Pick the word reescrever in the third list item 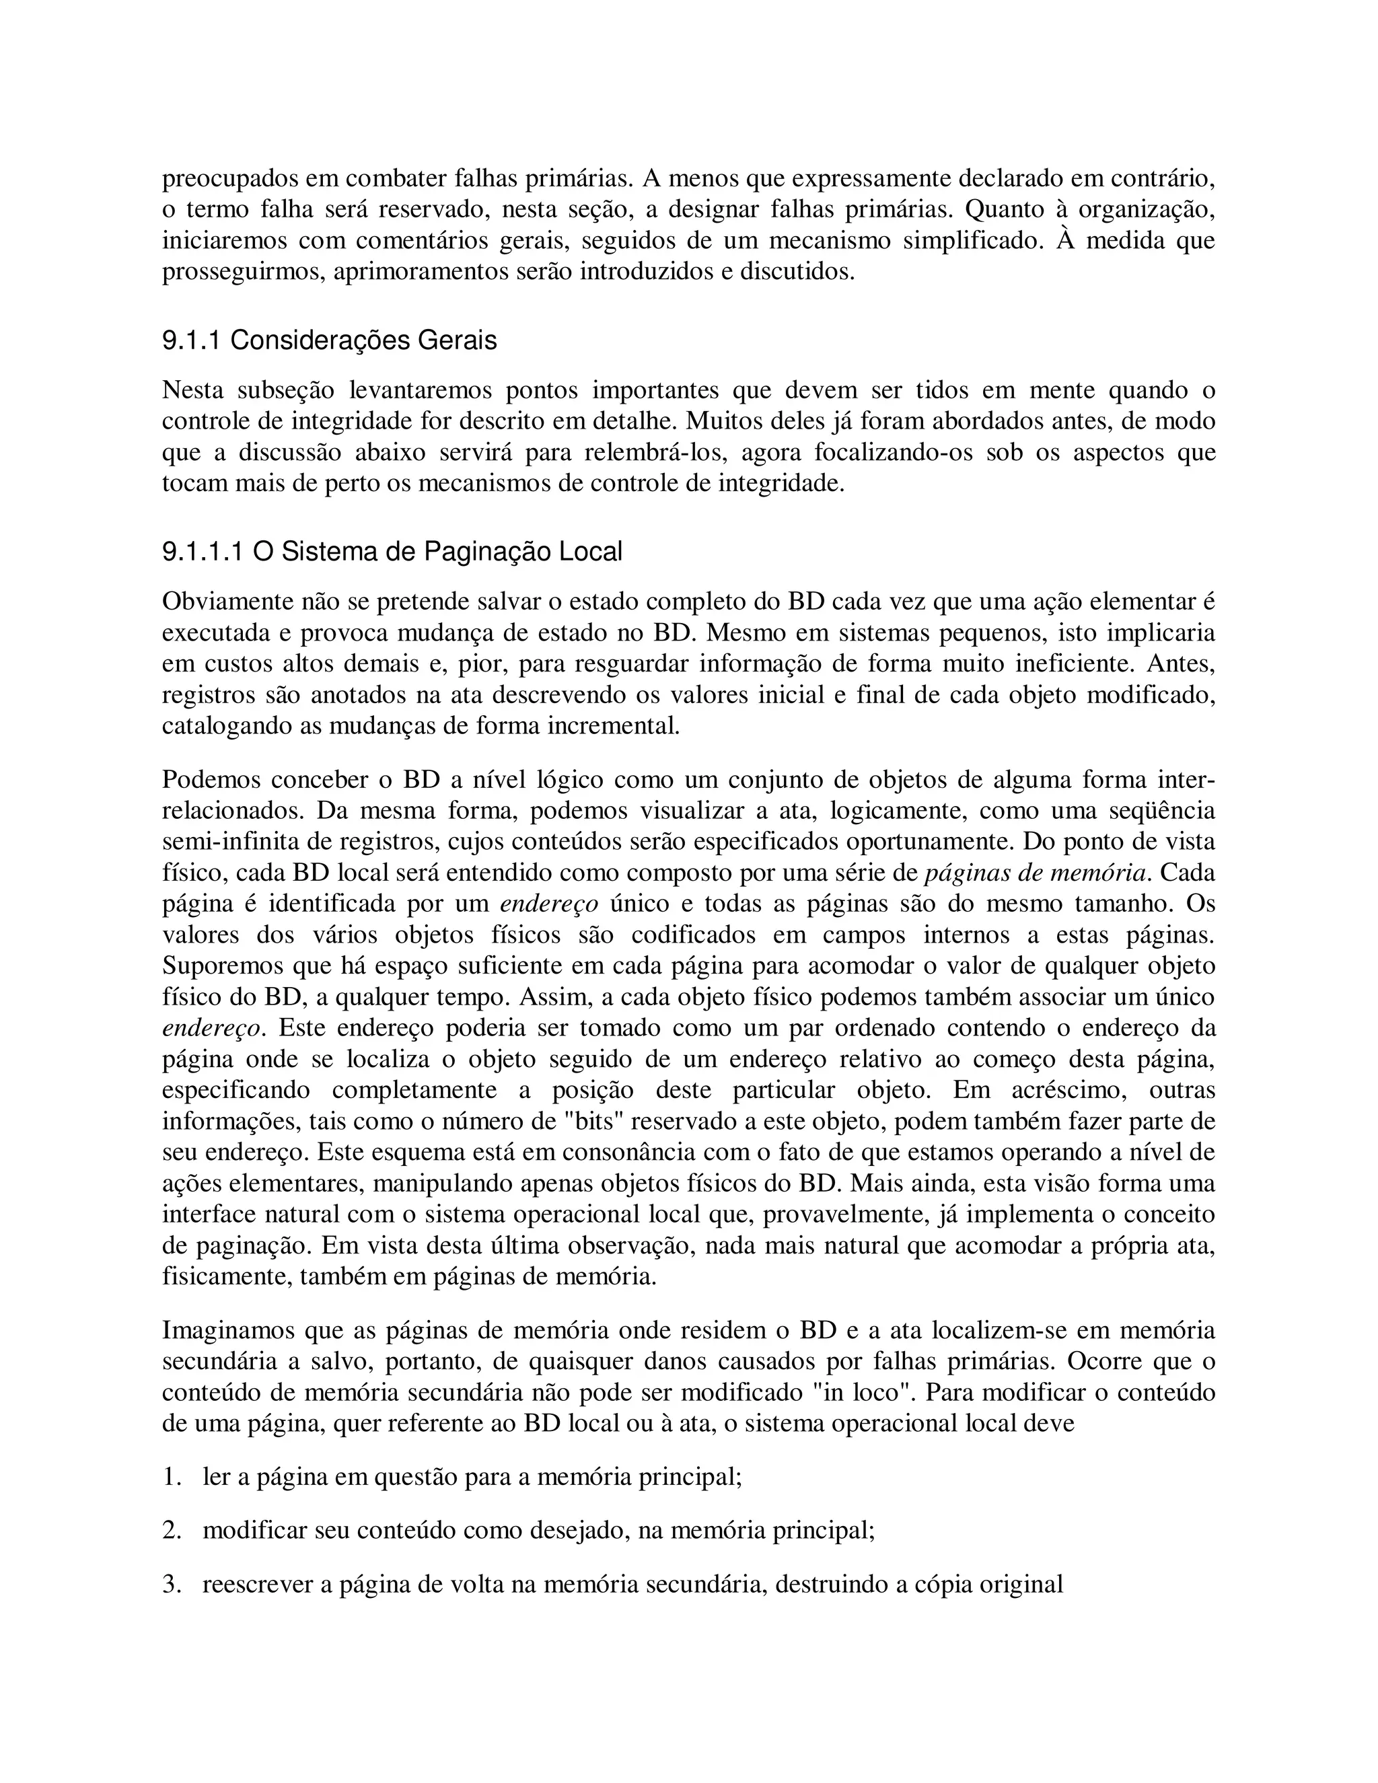[256, 1585]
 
